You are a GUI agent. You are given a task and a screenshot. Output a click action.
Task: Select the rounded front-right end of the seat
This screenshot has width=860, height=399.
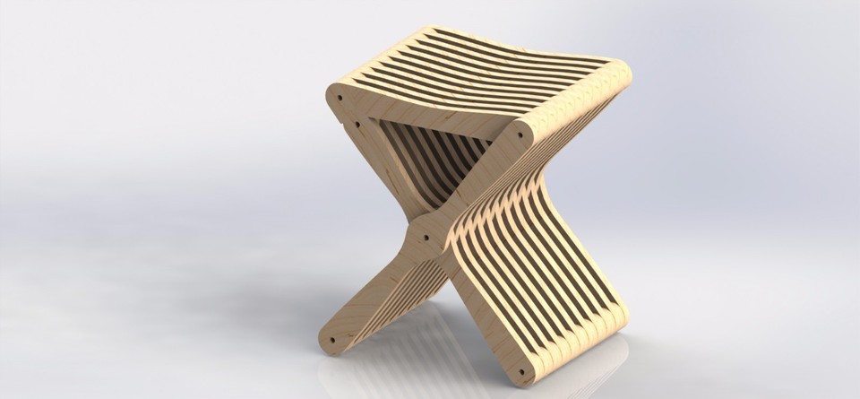coord(529,134)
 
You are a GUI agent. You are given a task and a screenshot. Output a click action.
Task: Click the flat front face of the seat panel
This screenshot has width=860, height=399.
coord(430,111)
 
